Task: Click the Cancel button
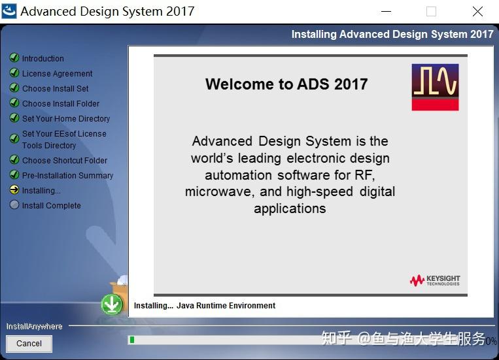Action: [29, 344]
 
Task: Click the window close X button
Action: [477, 12]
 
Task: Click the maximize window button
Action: [431, 12]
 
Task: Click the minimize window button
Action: [386, 12]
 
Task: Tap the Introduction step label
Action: [43, 59]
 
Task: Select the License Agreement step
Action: [57, 74]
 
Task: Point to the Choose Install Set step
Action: [55, 89]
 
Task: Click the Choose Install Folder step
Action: [61, 104]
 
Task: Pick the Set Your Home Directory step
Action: [65, 119]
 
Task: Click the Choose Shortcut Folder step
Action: [64, 161]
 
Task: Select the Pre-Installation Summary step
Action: [67, 176]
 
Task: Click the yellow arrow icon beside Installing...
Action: [14, 190]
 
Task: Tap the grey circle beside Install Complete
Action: [14, 205]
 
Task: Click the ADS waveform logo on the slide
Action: [435, 87]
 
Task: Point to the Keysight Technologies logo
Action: [435, 280]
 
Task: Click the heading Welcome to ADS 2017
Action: [286, 84]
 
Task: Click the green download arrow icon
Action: [112, 304]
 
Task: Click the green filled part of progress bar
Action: [131, 340]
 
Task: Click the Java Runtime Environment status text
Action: [226, 306]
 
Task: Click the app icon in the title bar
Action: [9, 11]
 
